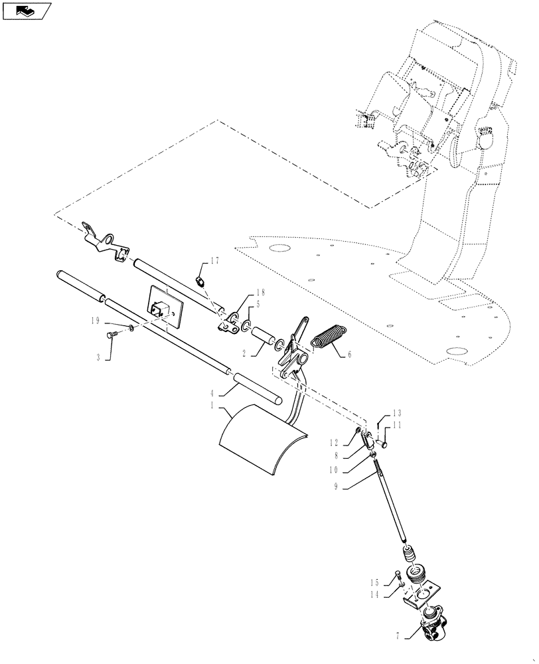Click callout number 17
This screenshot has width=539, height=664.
tap(214, 260)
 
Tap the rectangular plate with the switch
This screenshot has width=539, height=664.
tap(165, 307)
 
